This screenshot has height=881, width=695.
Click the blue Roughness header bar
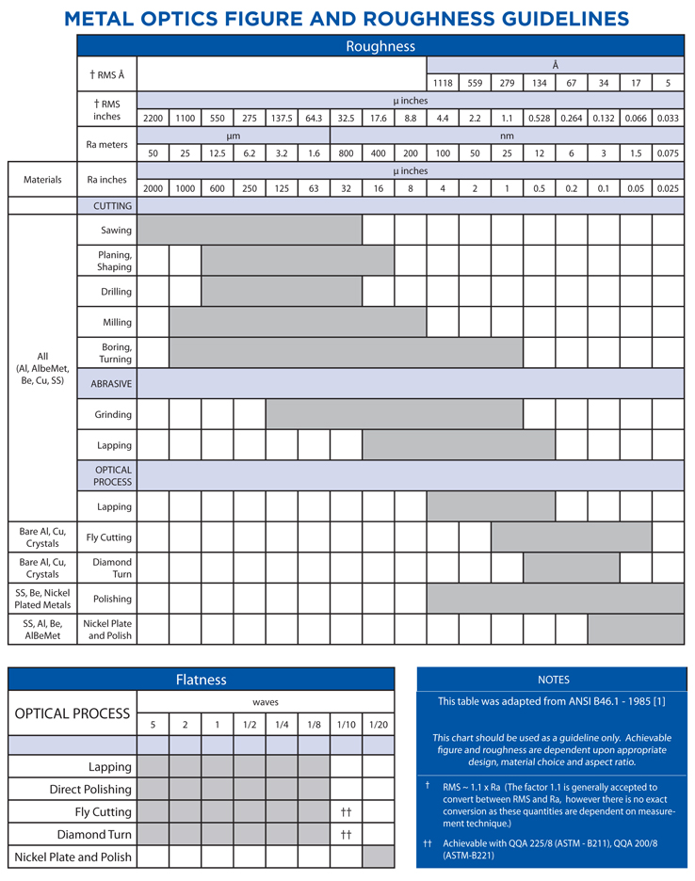(x=380, y=46)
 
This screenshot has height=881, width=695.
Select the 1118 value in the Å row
(x=443, y=83)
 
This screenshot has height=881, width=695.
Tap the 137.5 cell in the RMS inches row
(x=282, y=118)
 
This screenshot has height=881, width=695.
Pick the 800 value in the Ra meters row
(x=346, y=152)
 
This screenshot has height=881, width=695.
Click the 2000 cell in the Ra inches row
(x=153, y=187)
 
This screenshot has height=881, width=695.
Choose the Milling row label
(x=117, y=322)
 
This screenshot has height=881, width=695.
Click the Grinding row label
(x=113, y=414)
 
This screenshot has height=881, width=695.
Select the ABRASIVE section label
(x=111, y=383)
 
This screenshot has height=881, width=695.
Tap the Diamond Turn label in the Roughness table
(x=112, y=568)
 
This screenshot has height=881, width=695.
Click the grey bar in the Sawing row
(x=250, y=230)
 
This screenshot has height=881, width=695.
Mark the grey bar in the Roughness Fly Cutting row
(x=571, y=537)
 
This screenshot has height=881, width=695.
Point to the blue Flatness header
(x=201, y=680)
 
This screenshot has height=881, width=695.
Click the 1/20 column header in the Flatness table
(x=378, y=724)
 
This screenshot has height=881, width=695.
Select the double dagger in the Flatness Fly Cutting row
(x=346, y=811)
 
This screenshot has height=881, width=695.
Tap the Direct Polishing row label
(x=90, y=789)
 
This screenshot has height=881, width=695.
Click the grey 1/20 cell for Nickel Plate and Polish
(x=378, y=857)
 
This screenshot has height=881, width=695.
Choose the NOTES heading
(x=553, y=680)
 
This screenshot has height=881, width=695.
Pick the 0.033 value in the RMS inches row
(x=667, y=118)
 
